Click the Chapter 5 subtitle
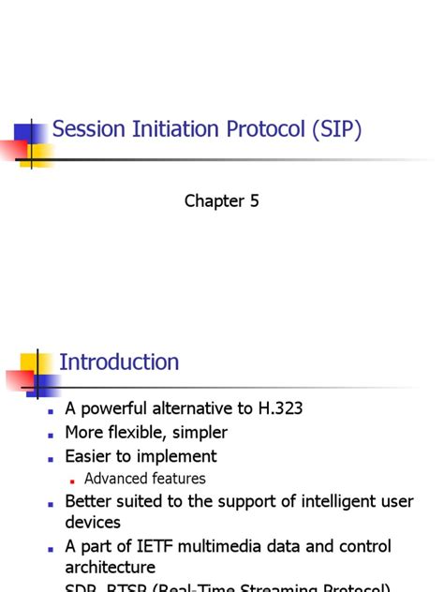(221, 200)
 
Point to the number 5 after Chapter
(254, 200)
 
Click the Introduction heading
(119, 362)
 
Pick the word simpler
(200, 433)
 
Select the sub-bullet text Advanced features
(144, 479)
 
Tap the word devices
(93, 522)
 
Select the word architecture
(110, 567)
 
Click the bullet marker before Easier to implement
(52, 458)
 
